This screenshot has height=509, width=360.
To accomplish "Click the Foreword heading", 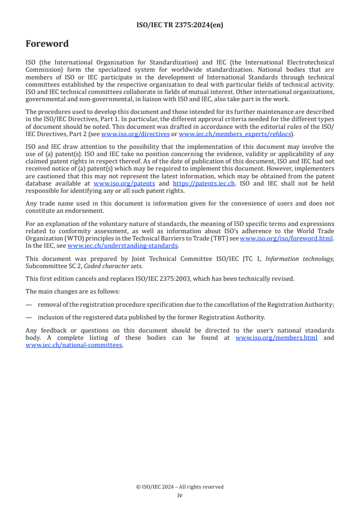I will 47,44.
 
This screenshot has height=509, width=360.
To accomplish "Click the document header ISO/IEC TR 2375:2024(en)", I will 180,25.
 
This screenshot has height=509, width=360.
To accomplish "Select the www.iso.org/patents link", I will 124,183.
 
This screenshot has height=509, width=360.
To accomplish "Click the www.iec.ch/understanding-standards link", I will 123,245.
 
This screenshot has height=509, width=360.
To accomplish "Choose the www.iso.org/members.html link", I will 276,338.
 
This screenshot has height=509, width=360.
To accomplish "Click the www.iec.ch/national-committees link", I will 74,345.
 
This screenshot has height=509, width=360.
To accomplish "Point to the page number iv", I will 180,495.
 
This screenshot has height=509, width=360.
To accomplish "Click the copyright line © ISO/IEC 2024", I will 180,487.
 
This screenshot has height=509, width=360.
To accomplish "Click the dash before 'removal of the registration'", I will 29,305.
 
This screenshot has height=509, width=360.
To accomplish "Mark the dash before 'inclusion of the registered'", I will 29,317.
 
